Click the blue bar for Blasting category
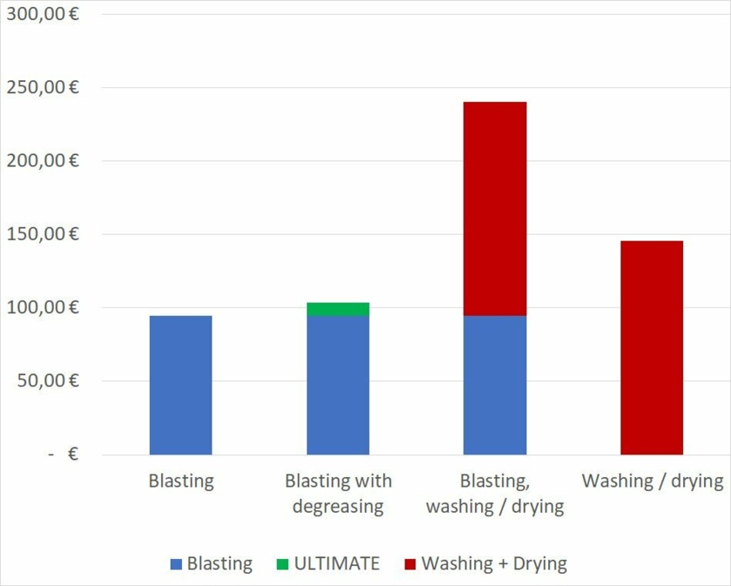pos(181,385)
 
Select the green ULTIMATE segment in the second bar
pos(338,309)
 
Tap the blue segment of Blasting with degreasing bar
pos(338,385)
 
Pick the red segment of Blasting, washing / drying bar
pos(494,209)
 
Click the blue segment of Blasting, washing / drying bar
pos(494,385)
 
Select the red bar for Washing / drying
pos(651,347)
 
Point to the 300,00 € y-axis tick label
pos(43,14)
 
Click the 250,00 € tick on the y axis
pos(43,87)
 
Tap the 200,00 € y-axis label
pos(43,160)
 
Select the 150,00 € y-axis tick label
pos(43,233)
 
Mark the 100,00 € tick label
pos(43,307)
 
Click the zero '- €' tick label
pos(64,454)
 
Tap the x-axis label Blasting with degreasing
pos(338,493)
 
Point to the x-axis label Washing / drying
pos(652,481)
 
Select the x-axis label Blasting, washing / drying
pos(494,493)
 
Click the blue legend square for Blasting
pos(176,564)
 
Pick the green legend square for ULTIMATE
pos(282,564)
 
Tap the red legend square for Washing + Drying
pos(410,564)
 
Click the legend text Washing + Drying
pos(493,563)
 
